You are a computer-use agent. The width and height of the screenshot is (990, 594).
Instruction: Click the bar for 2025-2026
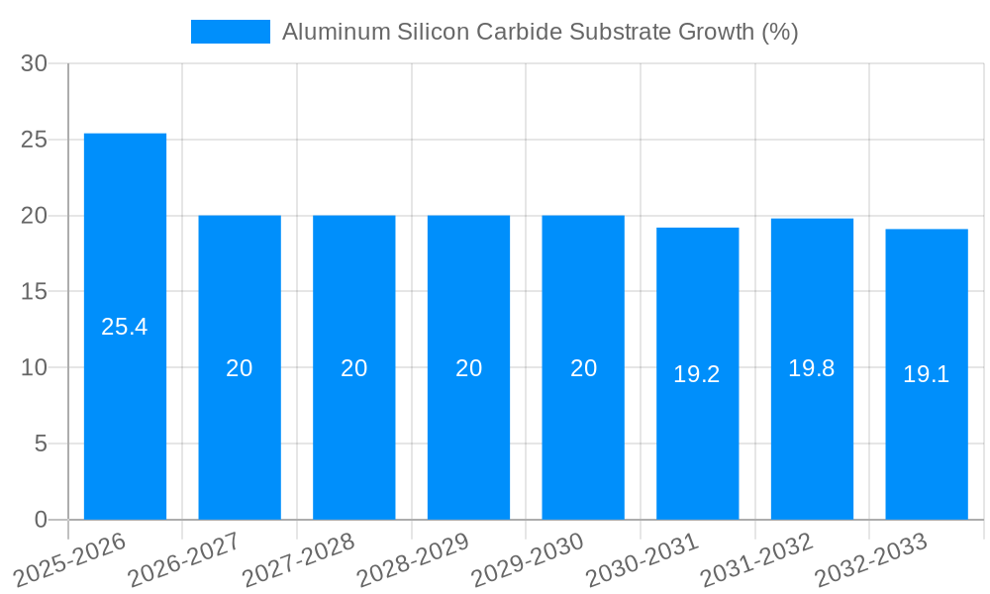tap(125, 327)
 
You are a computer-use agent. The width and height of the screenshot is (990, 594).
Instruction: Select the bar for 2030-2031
tap(697, 374)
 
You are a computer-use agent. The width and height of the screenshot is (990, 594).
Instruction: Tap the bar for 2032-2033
tap(927, 374)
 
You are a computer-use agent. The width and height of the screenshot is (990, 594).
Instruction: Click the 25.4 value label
tap(125, 327)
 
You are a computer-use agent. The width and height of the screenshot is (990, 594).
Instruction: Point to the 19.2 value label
tap(697, 374)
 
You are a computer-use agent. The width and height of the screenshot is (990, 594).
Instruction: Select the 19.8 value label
tap(812, 368)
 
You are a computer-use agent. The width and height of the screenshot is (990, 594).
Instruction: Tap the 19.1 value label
tap(927, 374)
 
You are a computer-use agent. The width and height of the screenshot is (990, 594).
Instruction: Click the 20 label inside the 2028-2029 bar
tap(469, 368)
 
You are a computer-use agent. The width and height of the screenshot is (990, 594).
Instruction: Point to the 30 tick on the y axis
tap(35, 63)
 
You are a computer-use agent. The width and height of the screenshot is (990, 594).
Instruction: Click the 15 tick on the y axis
tap(35, 292)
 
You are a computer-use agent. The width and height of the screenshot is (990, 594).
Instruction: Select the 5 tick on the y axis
tap(41, 444)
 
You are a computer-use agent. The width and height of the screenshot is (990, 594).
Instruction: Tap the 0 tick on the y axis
tap(41, 520)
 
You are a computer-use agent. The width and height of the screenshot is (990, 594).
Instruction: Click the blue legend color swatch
tap(231, 32)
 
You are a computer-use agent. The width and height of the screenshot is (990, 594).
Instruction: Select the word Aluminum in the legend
tap(336, 32)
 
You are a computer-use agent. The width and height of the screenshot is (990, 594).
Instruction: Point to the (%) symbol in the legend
tap(779, 32)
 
